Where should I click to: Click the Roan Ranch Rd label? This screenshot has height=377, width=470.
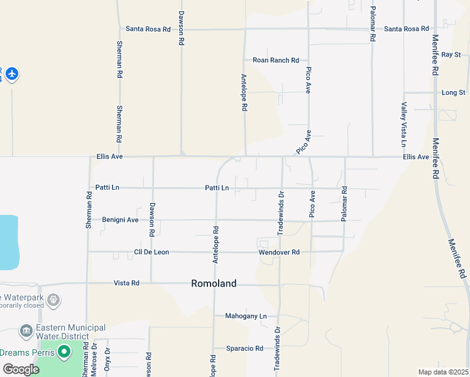point(275,60)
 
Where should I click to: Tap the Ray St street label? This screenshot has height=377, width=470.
point(451,55)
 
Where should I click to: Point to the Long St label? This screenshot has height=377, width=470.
point(453,92)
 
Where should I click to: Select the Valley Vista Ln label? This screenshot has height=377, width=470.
point(404,124)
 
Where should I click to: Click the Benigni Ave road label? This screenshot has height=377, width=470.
point(121,220)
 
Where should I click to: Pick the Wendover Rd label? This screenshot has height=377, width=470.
point(279,252)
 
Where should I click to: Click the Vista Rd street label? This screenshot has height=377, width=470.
point(126,283)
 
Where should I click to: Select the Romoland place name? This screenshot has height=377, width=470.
point(214,283)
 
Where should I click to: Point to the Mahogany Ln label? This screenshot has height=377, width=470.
point(246,316)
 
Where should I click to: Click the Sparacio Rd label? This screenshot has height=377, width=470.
point(245,348)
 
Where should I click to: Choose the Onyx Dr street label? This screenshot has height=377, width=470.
point(107,362)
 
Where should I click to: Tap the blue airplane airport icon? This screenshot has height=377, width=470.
point(12,74)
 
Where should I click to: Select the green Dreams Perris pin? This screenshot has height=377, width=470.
point(63,352)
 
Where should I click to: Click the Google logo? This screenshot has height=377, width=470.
point(21,369)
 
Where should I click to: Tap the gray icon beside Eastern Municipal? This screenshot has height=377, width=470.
point(26,331)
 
